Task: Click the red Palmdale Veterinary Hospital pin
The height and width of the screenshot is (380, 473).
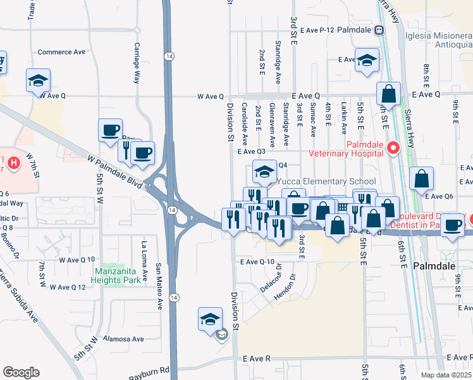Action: coord(393,149)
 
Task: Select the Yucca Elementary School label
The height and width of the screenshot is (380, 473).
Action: coord(326,181)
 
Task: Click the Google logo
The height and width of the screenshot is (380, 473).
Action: coord(21,372)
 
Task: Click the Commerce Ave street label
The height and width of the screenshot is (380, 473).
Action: coord(61,53)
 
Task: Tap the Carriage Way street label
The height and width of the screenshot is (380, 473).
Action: coord(136,63)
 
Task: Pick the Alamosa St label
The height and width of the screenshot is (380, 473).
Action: coord(111,339)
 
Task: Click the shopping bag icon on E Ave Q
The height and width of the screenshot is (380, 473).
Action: coord(389,94)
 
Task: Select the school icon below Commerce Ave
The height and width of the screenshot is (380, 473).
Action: coord(39,80)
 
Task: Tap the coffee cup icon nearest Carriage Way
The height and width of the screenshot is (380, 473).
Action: coord(111,130)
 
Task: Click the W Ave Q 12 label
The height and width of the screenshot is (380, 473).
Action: coord(63,287)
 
